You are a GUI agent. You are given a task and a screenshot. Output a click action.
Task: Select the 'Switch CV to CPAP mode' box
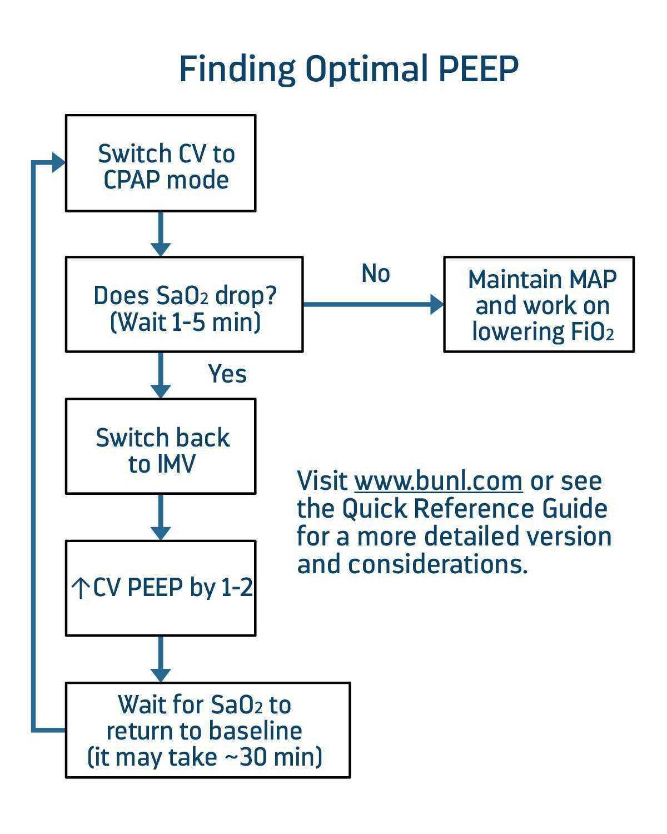point(161,163)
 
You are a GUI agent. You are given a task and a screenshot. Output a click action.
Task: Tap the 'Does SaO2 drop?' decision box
point(184,305)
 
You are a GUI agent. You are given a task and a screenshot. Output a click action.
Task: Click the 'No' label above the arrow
point(376,274)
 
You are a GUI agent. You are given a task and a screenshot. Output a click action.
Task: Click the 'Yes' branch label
point(227,374)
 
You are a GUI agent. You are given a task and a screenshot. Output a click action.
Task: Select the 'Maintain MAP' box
point(539,305)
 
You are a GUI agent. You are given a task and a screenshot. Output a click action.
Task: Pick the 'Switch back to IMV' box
point(161,446)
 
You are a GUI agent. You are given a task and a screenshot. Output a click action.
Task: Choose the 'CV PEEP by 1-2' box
point(161,588)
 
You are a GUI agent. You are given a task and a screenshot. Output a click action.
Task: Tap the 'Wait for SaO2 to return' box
point(208,730)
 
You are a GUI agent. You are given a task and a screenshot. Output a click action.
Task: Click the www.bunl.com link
point(439,481)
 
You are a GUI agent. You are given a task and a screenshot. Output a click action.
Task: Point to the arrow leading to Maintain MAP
point(372,304)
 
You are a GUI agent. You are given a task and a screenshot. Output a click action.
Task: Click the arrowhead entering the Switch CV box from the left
point(58,162)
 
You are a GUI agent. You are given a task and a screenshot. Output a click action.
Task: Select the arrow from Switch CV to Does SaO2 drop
point(161,234)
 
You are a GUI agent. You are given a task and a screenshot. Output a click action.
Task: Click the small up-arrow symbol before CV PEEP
point(81,588)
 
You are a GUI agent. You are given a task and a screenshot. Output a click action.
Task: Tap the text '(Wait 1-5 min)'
point(186,322)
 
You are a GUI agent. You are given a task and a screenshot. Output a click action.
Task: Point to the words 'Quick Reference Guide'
point(474,509)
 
